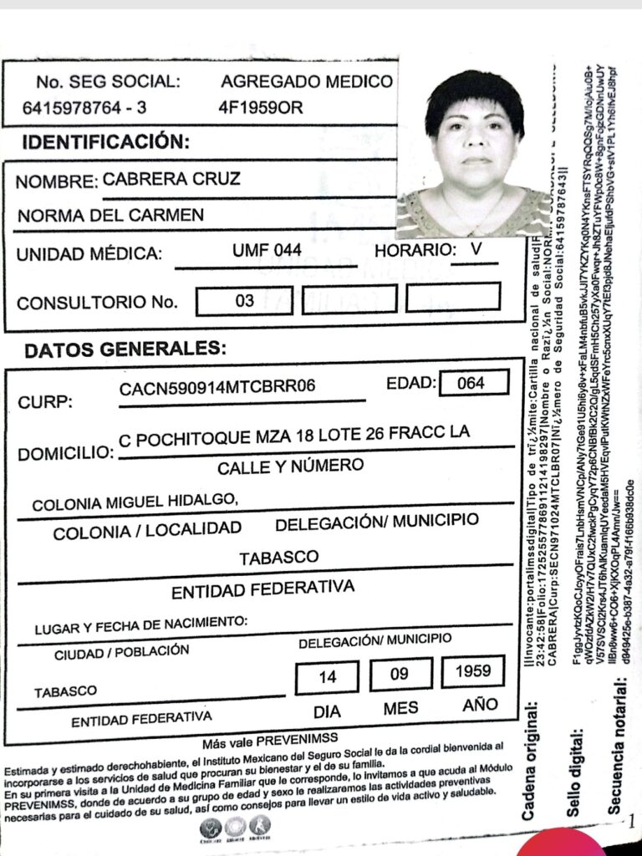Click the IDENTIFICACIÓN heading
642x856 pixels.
point(106,142)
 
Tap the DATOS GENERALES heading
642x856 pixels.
point(125,350)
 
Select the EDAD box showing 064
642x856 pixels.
point(472,383)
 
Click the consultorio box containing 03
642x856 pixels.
point(244,300)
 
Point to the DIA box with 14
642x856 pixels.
point(327,676)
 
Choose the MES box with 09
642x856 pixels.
point(400,674)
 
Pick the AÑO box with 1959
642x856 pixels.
point(473,671)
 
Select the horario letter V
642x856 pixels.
point(476,248)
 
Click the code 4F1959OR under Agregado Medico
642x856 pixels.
point(260,107)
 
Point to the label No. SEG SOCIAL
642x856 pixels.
point(108,82)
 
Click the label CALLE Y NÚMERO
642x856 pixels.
point(290,466)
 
